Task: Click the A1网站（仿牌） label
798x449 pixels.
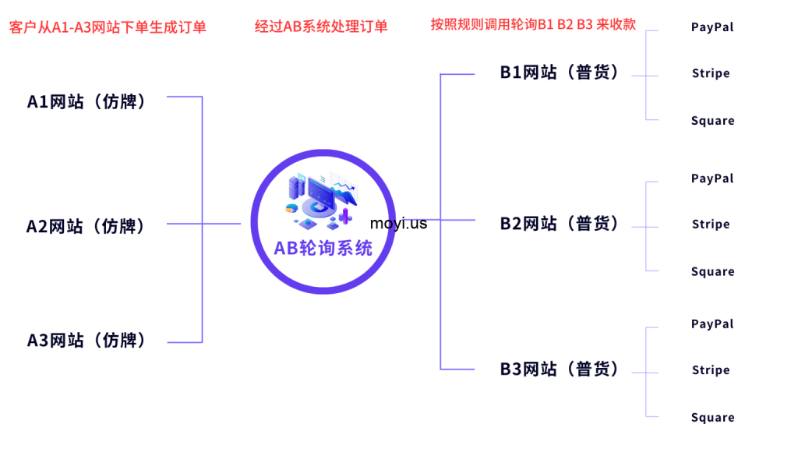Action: click(x=87, y=101)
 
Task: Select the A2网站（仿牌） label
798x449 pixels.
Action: click(x=86, y=226)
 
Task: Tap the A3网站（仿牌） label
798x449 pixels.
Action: click(x=87, y=340)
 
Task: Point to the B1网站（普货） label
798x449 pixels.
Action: click(x=560, y=72)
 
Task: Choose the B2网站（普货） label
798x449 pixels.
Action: click(x=560, y=224)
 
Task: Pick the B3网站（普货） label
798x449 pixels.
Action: click(x=560, y=369)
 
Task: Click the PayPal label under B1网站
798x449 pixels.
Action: click(x=712, y=27)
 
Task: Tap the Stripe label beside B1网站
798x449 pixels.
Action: click(x=711, y=73)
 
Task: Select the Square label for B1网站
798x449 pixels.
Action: click(x=713, y=121)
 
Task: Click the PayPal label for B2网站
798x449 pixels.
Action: click(x=712, y=179)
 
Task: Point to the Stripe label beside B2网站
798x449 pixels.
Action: click(x=711, y=224)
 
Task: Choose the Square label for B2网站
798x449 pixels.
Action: click(x=713, y=272)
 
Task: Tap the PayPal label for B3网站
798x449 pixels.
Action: click(x=712, y=324)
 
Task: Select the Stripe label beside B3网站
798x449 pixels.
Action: click(x=711, y=370)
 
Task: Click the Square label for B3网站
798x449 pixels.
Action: click(x=713, y=418)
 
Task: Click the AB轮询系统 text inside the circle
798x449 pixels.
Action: click(x=323, y=249)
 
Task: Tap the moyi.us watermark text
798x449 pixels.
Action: click(x=398, y=224)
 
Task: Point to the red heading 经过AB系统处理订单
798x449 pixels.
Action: click(x=321, y=27)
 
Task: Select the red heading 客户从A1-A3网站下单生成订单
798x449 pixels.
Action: click(x=108, y=27)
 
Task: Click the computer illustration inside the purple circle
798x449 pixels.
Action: click(x=322, y=200)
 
